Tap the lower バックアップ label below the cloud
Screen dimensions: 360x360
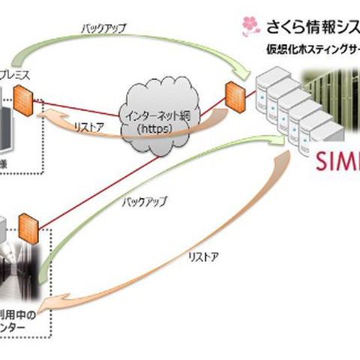click(146, 202)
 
